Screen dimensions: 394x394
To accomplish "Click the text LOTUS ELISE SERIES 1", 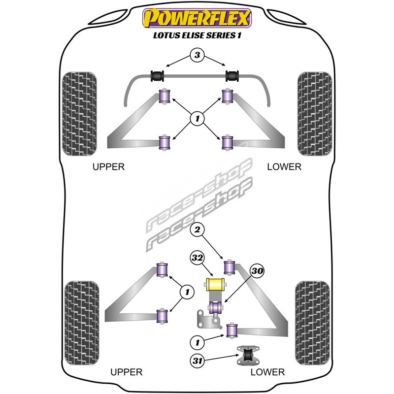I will (197, 36).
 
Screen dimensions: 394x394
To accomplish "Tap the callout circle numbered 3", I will (197, 56).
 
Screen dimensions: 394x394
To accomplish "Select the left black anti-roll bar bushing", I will (158, 76).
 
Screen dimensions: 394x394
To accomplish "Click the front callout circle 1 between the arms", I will (197, 118).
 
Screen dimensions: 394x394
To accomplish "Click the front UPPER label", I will (109, 167).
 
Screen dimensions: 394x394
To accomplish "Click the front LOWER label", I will (284, 167).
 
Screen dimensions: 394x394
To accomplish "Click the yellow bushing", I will (214, 284).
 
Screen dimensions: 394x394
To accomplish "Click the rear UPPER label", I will (127, 372).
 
